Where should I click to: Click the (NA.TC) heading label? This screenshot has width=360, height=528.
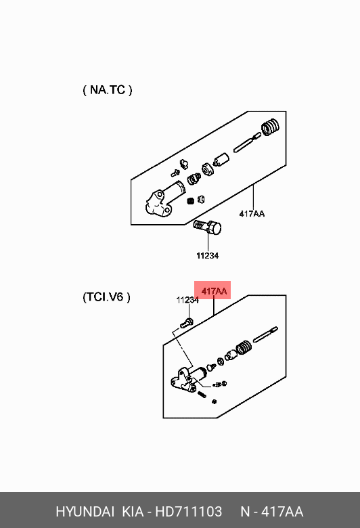click(108, 90)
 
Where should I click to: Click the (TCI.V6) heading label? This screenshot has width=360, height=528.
click(106, 297)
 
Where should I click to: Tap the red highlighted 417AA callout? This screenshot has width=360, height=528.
click(212, 290)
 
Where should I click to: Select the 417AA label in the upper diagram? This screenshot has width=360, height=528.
click(252, 214)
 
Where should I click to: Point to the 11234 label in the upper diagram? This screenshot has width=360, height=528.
click(208, 256)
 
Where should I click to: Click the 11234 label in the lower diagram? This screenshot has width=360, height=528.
click(187, 300)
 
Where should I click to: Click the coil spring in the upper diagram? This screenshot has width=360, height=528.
click(271, 127)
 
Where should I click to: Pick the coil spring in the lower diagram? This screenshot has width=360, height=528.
click(244, 347)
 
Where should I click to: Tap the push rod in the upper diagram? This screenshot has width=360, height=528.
click(247, 142)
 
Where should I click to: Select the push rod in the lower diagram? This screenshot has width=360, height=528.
click(265, 334)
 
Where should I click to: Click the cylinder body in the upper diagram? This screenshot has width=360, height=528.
click(164, 198)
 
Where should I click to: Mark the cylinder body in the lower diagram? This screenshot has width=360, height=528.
click(187, 379)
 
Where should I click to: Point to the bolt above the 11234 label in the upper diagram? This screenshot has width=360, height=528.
click(208, 228)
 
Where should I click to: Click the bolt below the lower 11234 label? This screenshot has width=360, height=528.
click(186, 323)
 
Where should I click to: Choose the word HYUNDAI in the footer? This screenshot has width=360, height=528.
click(85, 512)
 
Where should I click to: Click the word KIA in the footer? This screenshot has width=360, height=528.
click(133, 512)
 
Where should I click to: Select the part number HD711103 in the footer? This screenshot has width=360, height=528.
click(189, 512)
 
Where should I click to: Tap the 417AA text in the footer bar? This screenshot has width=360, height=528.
click(282, 512)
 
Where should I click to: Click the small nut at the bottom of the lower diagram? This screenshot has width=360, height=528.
click(215, 401)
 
